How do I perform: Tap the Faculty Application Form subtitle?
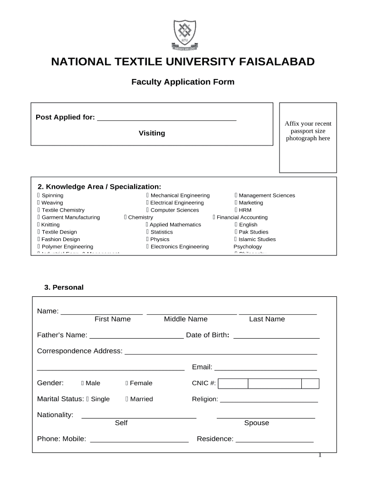click(183, 82)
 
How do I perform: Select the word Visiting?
click(152, 133)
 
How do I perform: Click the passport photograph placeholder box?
click(308, 137)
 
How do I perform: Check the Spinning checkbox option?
click(39, 195)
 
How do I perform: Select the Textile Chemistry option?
click(39, 210)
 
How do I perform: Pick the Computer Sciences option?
click(148, 210)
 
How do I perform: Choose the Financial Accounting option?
click(214, 217)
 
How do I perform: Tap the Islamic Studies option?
click(236, 239)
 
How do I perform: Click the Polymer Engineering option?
click(39, 247)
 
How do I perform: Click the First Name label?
click(112, 319)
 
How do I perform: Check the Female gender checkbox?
click(127, 383)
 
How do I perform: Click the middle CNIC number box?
click(274, 384)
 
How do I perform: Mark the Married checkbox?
click(127, 399)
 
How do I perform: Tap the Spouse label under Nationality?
click(256, 423)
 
